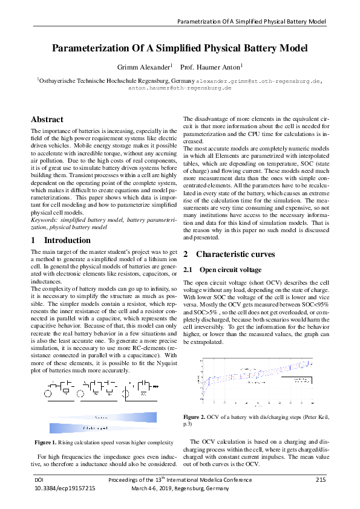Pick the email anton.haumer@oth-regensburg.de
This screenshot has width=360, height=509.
[x=184, y=87]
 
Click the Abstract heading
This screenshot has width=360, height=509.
[x=47, y=120]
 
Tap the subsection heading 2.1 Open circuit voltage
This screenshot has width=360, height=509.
[x=223, y=270]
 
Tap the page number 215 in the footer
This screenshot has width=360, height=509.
[x=321, y=479]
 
